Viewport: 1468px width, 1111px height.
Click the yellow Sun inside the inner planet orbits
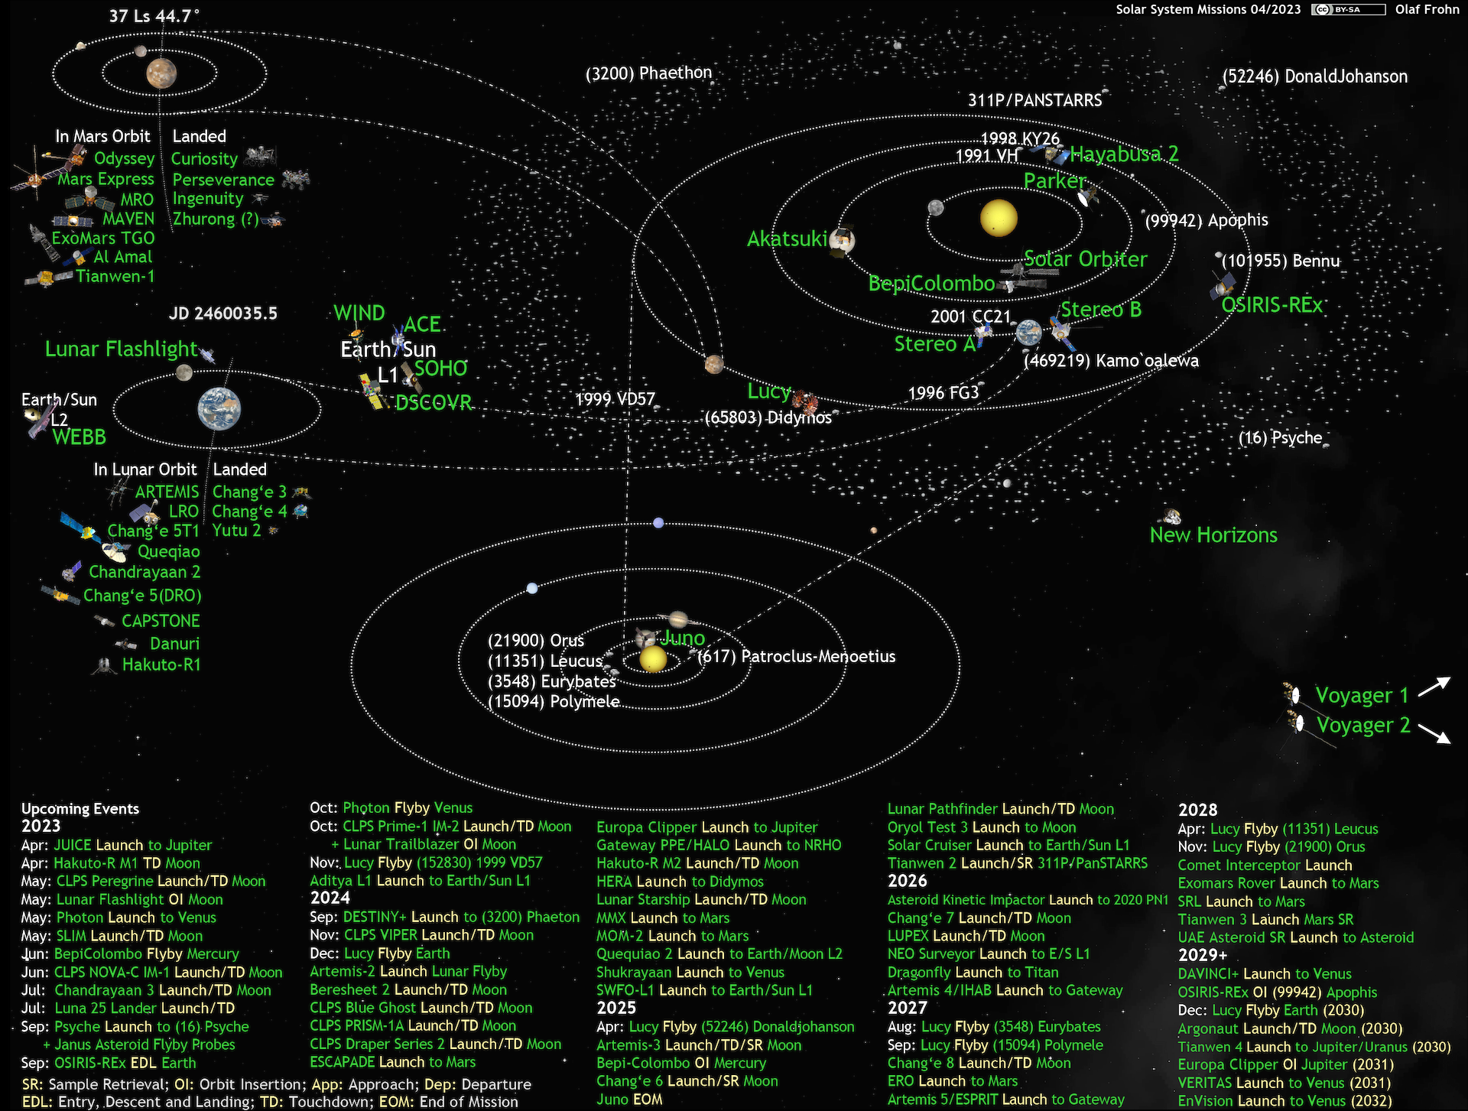pyautogui.click(x=999, y=218)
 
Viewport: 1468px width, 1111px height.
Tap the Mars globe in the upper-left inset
pyautogui.click(x=161, y=73)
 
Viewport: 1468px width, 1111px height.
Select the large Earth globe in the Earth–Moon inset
pyautogui.click(x=219, y=409)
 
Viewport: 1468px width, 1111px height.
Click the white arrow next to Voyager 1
pyautogui.click(x=1434, y=687)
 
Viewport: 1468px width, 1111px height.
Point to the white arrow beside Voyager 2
pyautogui.click(x=1434, y=733)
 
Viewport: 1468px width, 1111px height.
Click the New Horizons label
pyautogui.click(x=1213, y=535)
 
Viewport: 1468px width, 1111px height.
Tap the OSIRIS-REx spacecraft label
pyautogui.click(x=1272, y=305)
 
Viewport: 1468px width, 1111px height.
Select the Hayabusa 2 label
pyautogui.click(x=1124, y=154)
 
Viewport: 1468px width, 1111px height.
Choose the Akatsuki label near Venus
pyautogui.click(x=787, y=239)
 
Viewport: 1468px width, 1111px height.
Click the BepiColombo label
pyautogui.click(x=931, y=284)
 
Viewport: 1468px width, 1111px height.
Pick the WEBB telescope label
pyautogui.click(x=80, y=437)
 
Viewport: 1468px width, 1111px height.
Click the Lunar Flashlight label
pyautogui.click(x=121, y=349)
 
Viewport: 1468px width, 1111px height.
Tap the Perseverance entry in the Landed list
pyautogui.click(x=223, y=180)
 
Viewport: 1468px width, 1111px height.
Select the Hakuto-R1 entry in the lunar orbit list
pyautogui.click(x=161, y=665)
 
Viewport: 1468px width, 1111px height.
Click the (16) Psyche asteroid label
pyautogui.click(x=1280, y=438)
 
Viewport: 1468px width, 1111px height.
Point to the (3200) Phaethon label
pyautogui.click(x=648, y=73)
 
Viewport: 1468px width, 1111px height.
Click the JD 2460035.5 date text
pyautogui.click(x=223, y=313)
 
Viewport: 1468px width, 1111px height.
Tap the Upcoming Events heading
pyautogui.click(x=80, y=809)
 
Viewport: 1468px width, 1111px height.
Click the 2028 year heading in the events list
pyautogui.click(x=1197, y=810)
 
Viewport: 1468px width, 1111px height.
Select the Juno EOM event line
pyautogui.click(x=629, y=1100)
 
